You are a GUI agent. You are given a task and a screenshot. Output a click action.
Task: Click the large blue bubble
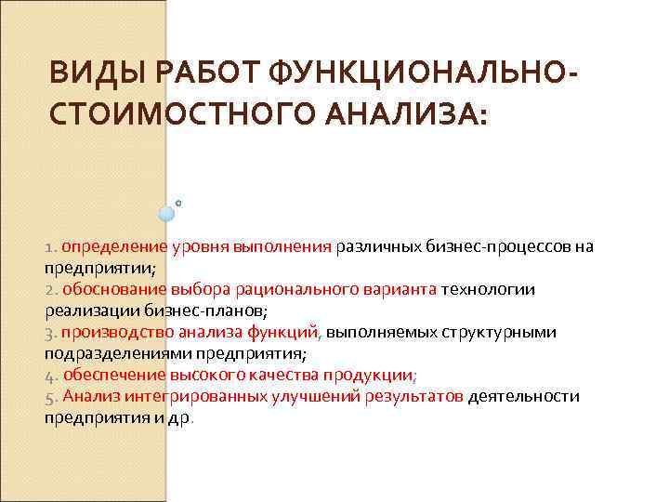[166, 213]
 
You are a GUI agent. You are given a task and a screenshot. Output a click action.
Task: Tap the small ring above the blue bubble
[177, 201]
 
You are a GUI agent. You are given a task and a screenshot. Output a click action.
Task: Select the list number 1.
[49, 247]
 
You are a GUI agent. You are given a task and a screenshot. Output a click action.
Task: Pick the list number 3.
[49, 333]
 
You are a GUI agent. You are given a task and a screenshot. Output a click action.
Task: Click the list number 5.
[49, 397]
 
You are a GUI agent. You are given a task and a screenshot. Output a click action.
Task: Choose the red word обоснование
[111, 290]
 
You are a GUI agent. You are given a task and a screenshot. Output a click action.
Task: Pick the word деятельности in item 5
[524, 397]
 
